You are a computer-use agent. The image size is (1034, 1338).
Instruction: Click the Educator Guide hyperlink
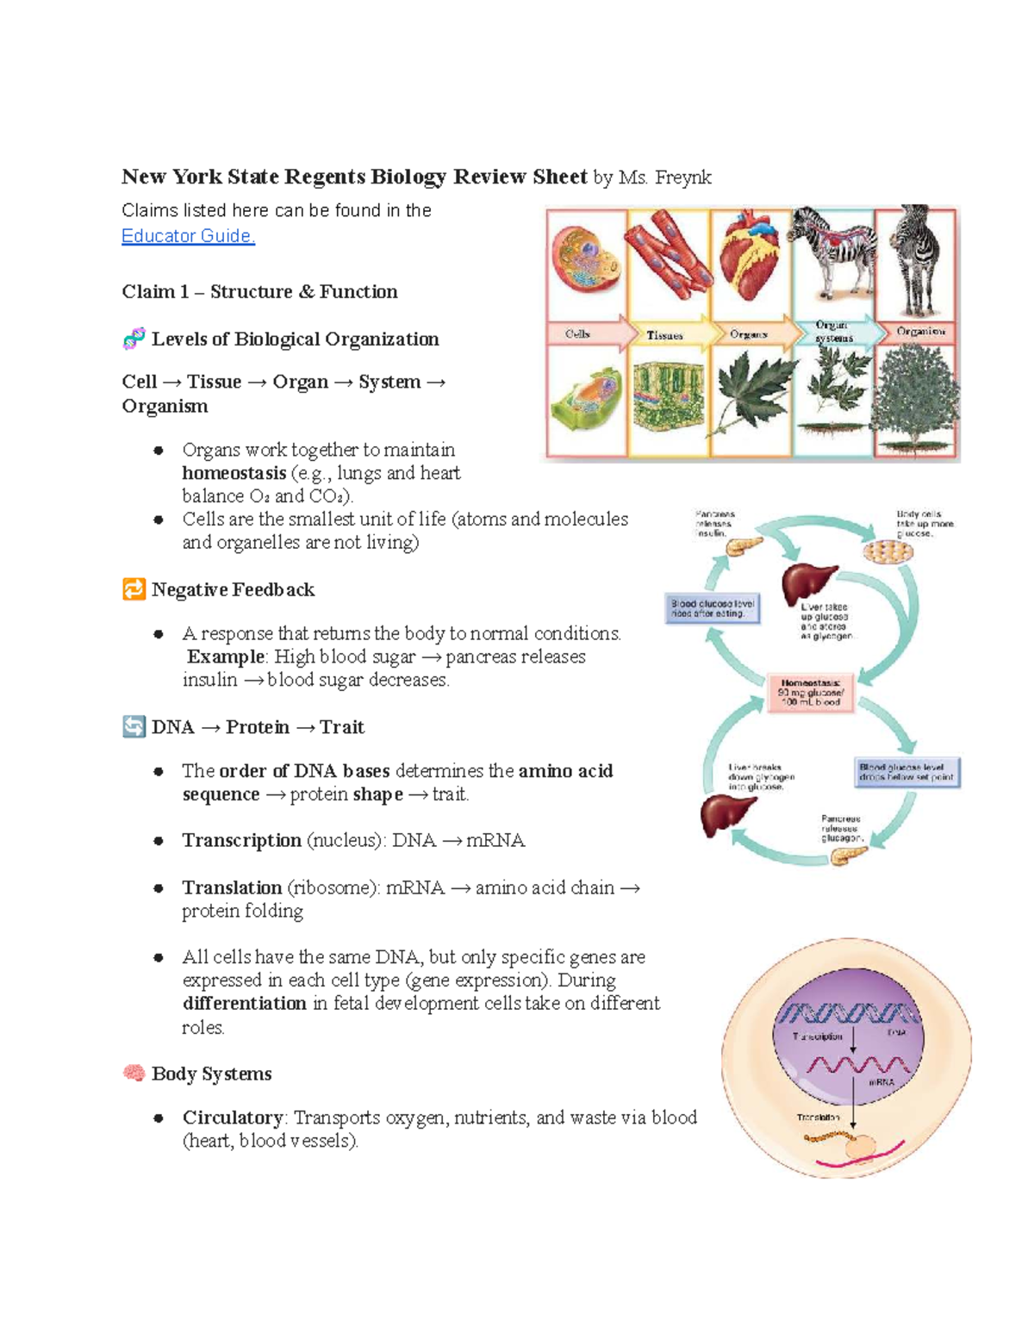coord(188,236)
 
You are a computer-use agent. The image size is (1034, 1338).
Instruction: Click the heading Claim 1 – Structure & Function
coord(259,292)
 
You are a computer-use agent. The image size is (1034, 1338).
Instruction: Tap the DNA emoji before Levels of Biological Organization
coord(134,339)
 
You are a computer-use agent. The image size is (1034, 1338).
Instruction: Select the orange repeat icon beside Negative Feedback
coord(134,589)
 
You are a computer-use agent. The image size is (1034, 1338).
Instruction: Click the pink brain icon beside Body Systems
coord(134,1074)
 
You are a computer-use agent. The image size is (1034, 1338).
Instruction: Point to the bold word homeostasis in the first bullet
coord(234,473)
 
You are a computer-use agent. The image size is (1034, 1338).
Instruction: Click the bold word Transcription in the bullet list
coord(241,840)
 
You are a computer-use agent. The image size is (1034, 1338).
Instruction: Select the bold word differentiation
coord(244,1004)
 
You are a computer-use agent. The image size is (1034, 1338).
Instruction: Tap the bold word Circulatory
coord(232,1117)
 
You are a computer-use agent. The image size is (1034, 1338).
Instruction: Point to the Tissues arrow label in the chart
coord(664,335)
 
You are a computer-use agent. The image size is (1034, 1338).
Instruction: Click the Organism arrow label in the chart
coord(920,332)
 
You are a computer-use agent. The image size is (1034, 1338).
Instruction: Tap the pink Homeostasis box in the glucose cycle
coord(810,693)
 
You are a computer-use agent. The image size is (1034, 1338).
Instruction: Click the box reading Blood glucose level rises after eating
coord(713,609)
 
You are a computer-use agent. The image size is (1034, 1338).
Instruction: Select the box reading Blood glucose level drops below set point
coord(906,772)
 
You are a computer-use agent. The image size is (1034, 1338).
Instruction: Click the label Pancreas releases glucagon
coord(840,828)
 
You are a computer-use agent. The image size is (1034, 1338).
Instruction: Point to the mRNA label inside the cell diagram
coord(881,1082)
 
